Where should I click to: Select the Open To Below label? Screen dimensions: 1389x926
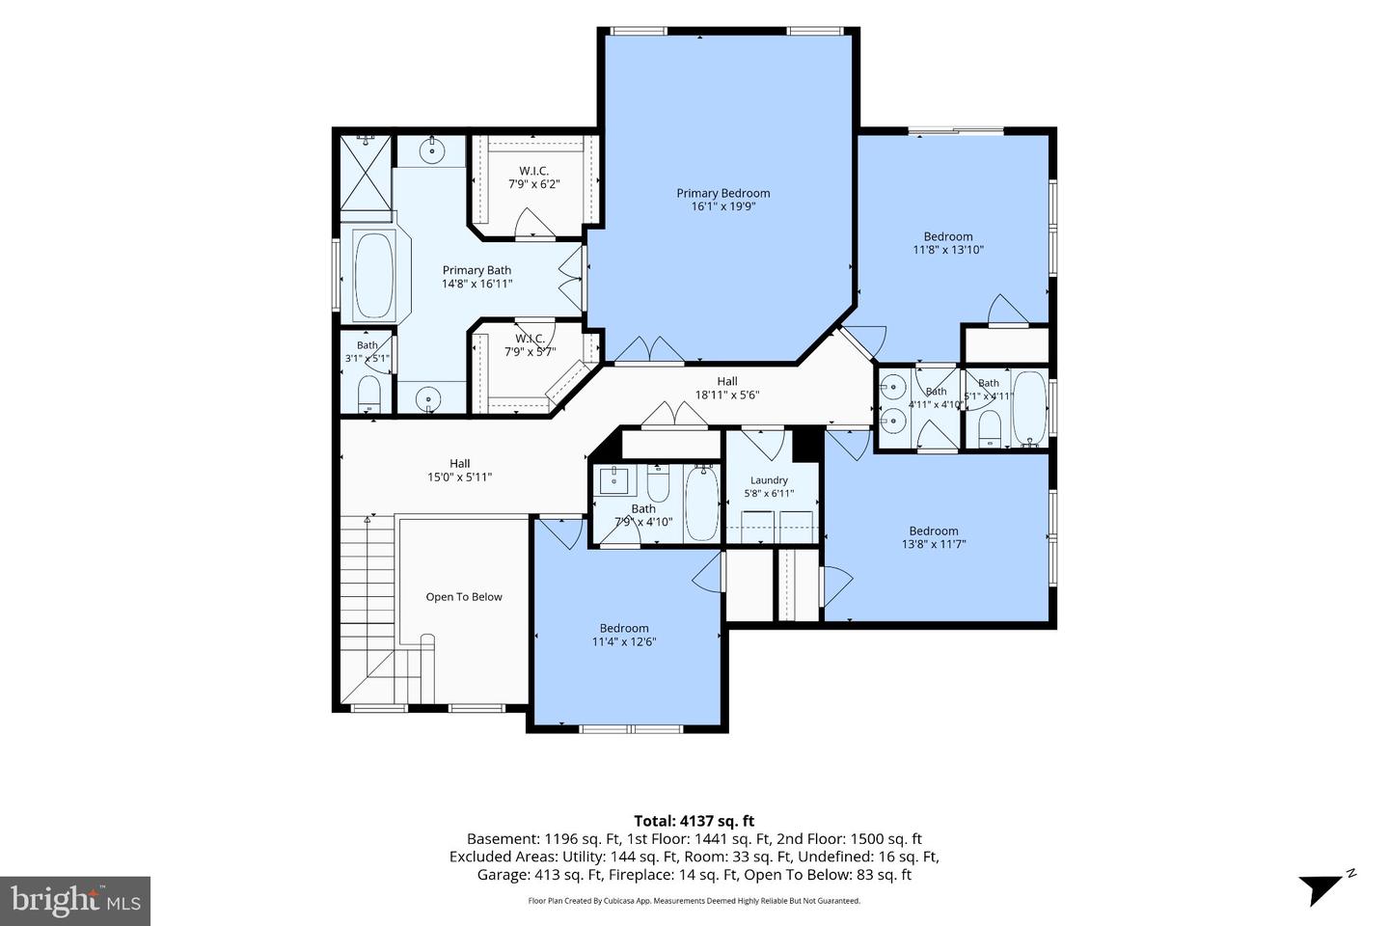click(464, 597)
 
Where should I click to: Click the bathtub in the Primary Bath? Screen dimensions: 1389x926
click(374, 275)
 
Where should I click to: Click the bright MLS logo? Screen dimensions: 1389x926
click(75, 901)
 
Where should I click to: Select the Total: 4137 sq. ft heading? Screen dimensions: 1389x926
click(694, 821)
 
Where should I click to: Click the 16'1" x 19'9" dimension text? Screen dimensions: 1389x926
click(723, 206)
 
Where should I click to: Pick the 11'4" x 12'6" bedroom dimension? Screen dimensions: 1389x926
click(624, 642)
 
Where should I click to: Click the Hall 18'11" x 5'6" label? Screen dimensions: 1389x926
click(727, 388)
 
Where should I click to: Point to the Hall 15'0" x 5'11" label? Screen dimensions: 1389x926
click(459, 470)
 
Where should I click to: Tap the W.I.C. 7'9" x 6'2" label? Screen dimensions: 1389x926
click(534, 177)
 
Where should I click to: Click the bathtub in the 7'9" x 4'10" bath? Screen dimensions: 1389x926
click(702, 504)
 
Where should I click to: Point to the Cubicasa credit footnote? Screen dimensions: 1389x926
click(694, 901)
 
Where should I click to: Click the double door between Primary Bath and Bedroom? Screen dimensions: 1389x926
click(573, 278)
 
